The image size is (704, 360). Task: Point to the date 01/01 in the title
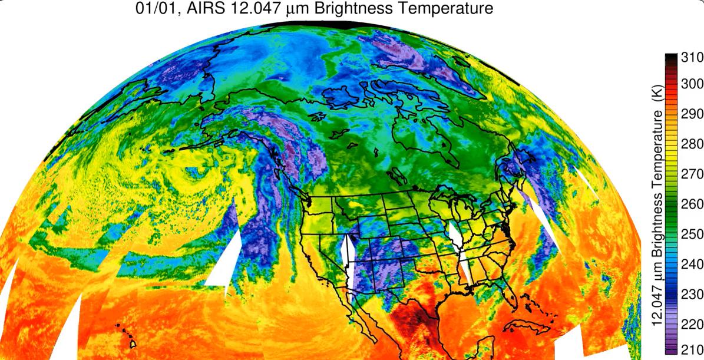156,9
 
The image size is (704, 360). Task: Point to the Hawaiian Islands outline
127,336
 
